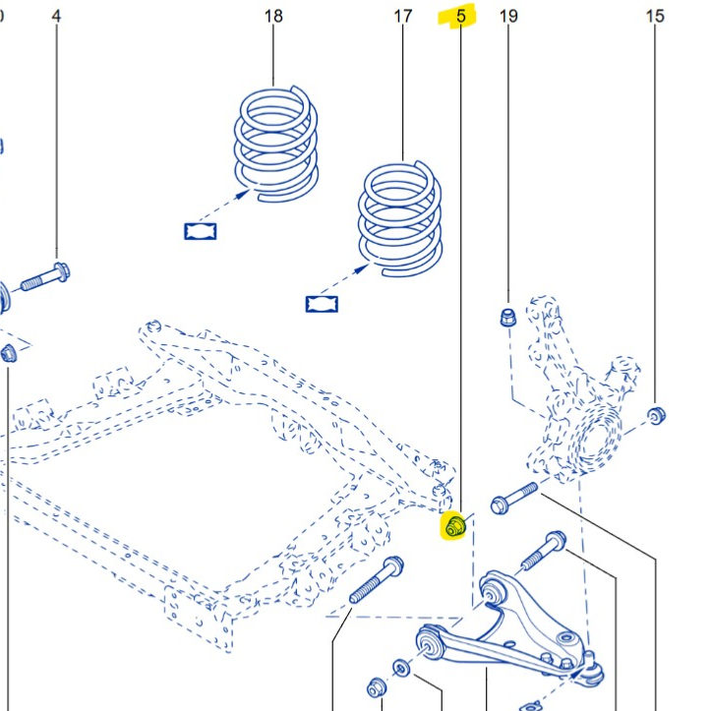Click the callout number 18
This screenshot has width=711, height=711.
273,17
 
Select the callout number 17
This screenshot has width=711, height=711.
402,17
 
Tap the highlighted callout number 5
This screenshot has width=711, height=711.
459,17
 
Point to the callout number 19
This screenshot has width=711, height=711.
508,17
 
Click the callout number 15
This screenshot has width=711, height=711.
655,17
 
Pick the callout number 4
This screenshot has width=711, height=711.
56,17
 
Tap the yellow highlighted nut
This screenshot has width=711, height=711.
455,527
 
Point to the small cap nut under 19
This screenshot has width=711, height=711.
507,317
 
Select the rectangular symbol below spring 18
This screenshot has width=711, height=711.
200,231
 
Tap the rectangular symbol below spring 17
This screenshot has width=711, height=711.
321,302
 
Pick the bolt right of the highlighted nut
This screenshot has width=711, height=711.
512,498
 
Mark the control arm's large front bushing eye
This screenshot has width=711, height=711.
430,645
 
